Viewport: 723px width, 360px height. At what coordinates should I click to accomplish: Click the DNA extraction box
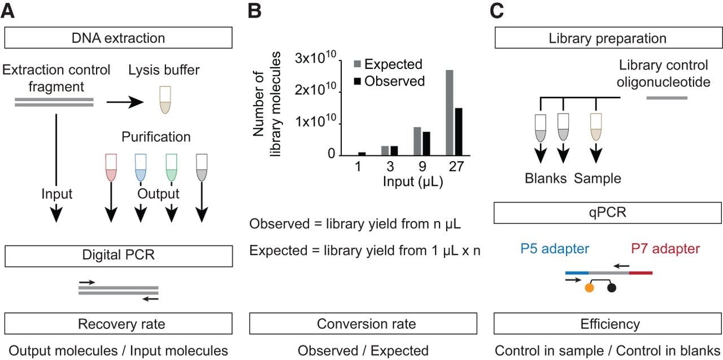(118, 38)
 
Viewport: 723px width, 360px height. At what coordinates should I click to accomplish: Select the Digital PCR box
(119, 256)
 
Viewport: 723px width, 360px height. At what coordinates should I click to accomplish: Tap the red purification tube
(111, 167)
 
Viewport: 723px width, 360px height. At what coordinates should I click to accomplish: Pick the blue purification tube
(141, 167)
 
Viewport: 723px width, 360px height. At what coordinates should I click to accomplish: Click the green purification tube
(171, 167)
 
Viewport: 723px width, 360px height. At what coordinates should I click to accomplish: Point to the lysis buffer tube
(165, 100)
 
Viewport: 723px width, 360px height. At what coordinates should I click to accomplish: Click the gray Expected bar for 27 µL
(449, 112)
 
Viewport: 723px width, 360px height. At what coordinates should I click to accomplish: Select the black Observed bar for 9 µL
(426, 144)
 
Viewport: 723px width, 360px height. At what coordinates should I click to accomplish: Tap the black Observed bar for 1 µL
(362, 154)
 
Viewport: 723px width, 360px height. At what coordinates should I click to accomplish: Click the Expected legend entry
(388, 64)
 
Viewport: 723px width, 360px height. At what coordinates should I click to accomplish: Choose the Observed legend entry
(389, 81)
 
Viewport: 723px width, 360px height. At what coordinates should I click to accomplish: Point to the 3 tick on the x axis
(390, 167)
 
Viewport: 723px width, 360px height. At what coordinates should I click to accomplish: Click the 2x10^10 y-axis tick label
(315, 89)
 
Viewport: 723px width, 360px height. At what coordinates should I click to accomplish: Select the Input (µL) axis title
(413, 181)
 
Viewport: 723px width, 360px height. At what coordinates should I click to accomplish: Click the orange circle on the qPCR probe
(589, 288)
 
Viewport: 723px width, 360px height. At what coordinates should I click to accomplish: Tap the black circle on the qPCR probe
(612, 288)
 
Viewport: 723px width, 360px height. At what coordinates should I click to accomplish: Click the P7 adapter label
(665, 249)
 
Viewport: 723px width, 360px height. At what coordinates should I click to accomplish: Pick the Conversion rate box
(363, 323)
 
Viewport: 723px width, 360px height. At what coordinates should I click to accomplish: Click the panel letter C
(496, 11)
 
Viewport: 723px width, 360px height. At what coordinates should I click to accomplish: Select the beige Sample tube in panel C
(596, 127)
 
